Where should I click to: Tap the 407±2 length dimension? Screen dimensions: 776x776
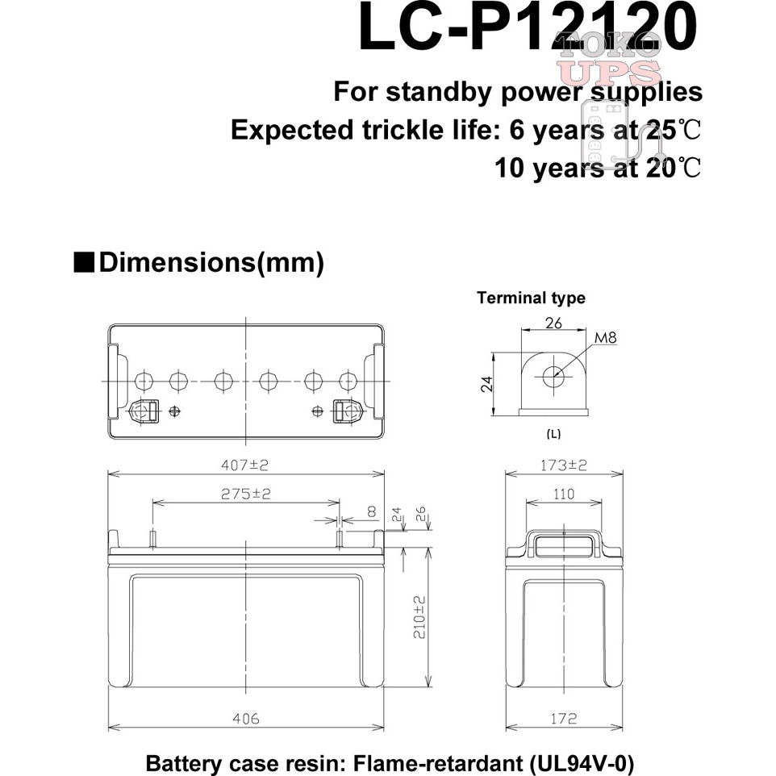pos(245,465)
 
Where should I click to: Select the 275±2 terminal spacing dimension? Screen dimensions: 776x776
pos(246,494)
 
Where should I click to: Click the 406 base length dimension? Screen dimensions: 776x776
pos(246,718)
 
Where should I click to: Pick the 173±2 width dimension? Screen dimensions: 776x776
pos(564,465)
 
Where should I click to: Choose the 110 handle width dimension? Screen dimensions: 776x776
pos(564,494)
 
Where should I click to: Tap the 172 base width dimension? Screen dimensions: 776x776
pos(564,718)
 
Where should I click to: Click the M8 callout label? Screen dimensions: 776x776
pos(605,338)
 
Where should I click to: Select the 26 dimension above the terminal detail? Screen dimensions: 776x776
pos(553,323)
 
